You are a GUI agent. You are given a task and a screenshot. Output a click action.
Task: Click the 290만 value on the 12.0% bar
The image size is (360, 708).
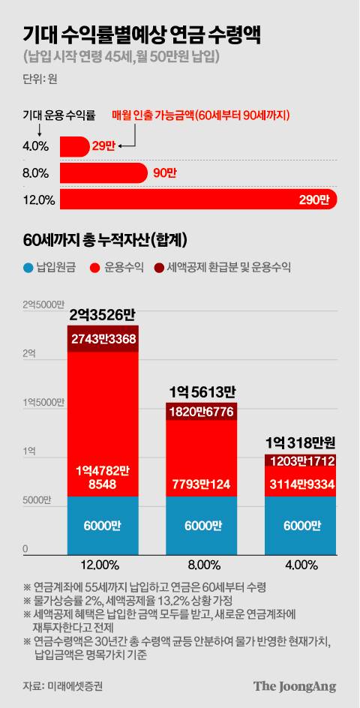pos(313,199)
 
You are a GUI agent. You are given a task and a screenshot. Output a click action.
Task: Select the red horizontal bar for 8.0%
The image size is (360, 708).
pos(103,173)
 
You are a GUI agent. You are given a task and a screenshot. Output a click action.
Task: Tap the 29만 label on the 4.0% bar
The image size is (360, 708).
pos(104,146)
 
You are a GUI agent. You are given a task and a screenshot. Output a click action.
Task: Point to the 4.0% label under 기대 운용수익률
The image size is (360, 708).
pos(36,146)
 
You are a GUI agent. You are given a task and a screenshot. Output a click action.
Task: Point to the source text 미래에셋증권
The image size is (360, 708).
pos(74,686)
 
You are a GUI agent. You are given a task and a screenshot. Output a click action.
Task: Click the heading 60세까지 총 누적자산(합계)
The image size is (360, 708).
pos(105,240)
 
